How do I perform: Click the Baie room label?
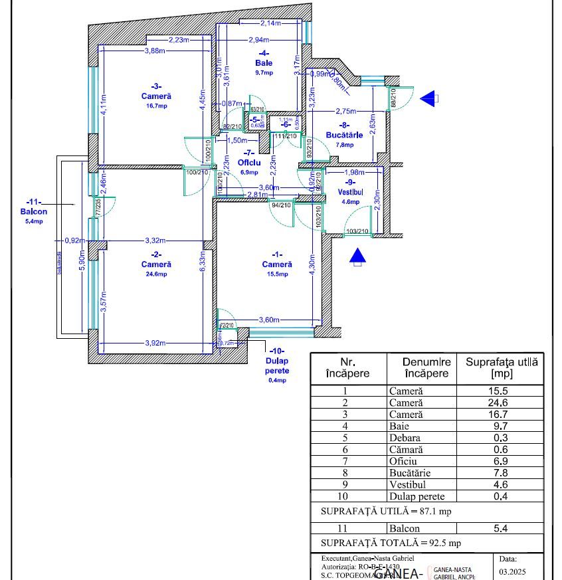(x=264, y=63)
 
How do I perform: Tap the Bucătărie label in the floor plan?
(x=344, y=135)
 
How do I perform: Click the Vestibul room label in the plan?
(x=351, y=191)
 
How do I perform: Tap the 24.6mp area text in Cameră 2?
(x=156, y=273)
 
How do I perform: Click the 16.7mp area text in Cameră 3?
(x=156, y=106)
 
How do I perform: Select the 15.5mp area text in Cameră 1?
(x=277, y=274)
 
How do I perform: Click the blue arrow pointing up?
(x=358, y=255)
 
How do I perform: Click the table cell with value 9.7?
(x=502, y=426)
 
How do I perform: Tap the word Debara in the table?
(x=405, y=438)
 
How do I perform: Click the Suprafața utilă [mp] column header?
(x=502, y=367)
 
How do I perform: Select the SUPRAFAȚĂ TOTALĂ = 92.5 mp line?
(x=391, y=543)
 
